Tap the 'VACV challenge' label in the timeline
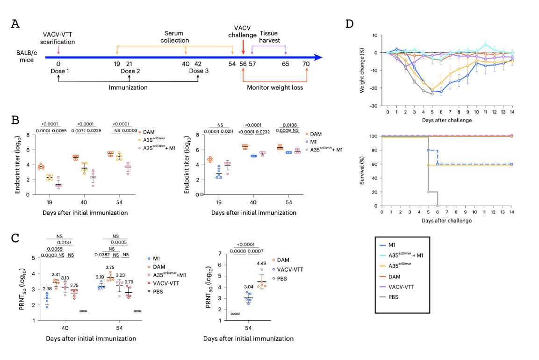point(245,31)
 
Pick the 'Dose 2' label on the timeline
point(130,71)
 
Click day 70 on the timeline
point(306,64)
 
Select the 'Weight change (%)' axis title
point(363,70)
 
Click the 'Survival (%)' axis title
point(362,171)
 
